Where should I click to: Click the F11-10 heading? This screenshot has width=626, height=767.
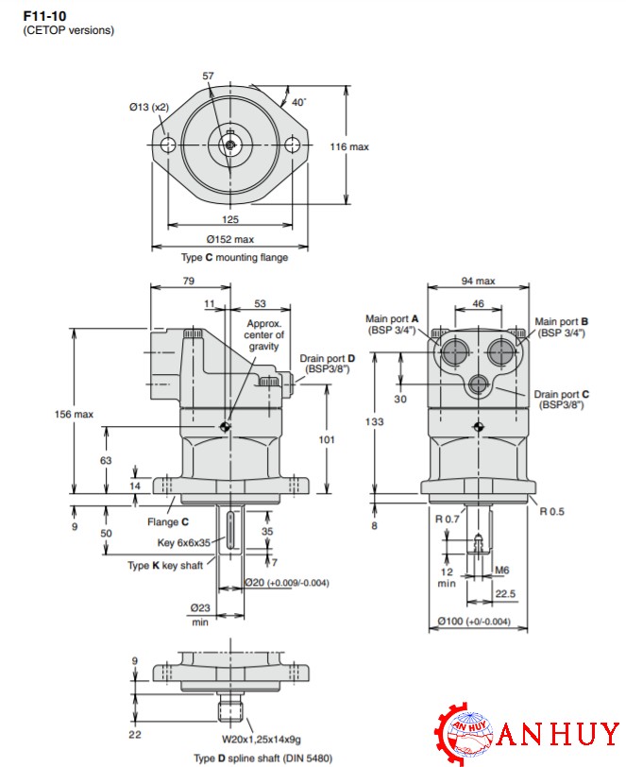44,15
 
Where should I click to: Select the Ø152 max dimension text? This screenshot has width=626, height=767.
230,239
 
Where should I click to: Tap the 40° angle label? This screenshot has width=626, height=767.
298,102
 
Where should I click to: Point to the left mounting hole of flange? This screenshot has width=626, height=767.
168,145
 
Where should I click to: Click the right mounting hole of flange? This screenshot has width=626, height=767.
294,145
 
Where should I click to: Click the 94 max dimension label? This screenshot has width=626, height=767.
478,281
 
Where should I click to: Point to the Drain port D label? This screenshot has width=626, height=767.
328,364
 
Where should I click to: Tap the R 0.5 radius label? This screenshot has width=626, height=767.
551,511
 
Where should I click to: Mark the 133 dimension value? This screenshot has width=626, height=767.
376,421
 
